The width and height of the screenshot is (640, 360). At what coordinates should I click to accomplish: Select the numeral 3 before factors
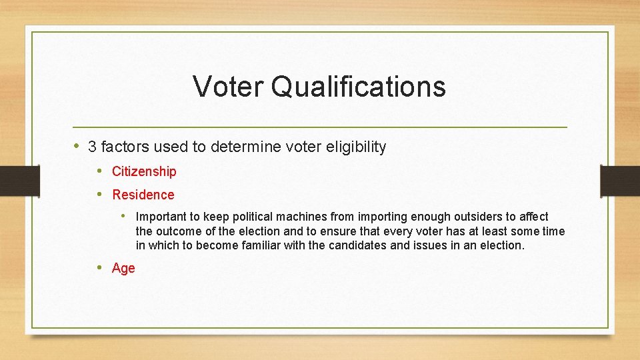coord(92,147)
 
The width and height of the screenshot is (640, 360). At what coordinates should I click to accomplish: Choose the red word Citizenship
coord(144,171)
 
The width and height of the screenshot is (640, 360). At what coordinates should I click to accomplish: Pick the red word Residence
coord(143,195)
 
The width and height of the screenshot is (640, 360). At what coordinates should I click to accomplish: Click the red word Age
coord(123,268)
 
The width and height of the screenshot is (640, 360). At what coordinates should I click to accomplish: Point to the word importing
coord(383,217)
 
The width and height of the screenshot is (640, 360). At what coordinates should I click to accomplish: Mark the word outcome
coord(178,231)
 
